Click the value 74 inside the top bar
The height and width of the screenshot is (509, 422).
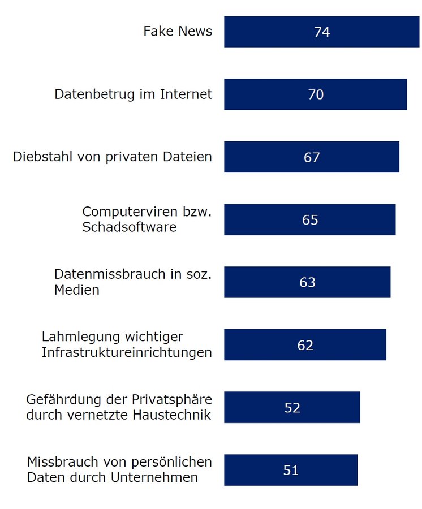(322, 32)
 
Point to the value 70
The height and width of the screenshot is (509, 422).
(316, 94)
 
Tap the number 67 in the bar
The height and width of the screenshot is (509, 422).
(312, 157)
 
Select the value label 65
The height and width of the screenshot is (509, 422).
(310, 219)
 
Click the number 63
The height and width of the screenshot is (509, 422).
(307, 282)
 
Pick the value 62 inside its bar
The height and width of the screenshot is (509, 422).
(305, 345)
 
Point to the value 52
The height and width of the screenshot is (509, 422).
(292, 408)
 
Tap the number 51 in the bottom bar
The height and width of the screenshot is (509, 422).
(291, 470)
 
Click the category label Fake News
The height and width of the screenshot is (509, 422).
(178, 31)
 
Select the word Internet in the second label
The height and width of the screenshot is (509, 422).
(186, 94)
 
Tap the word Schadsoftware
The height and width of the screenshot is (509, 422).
(129, 227)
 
